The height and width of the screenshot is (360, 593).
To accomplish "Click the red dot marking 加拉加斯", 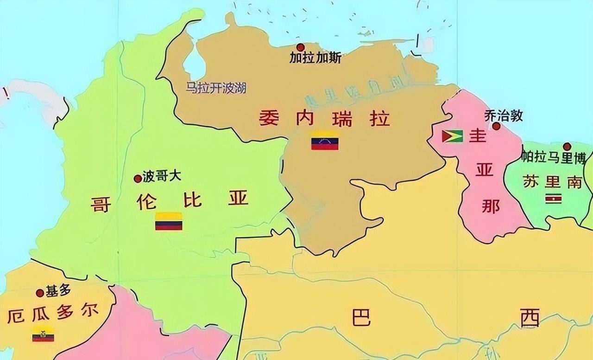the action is [x=301, y=47].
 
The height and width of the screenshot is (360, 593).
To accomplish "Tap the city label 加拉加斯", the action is [x=315, y=58].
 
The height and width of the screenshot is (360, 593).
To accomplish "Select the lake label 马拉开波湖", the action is [x=216, y=88].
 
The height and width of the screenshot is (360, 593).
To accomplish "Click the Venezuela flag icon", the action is [x=324, y=141].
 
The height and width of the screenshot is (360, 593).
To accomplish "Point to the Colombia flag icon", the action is [x=169, y=221].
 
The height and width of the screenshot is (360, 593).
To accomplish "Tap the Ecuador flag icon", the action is [x=43, y=334].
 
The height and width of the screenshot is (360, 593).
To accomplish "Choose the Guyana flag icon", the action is [x=453, y=136].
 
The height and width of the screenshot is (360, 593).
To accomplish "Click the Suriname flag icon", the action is [x=554, y=199].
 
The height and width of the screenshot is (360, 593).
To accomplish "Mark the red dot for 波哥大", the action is [x=138, y=178].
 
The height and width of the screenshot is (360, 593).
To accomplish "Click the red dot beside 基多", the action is [x=40, y=293].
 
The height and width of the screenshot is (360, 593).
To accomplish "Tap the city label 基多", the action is [x=58, y=291].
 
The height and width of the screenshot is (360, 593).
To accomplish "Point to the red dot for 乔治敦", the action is [x=496, y=126].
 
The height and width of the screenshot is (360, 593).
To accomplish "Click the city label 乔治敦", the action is [x=504, y=115].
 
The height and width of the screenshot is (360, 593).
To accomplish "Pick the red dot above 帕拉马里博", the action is [x=567, y=147].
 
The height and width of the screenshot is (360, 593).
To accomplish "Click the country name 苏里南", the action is [x=552, y=182].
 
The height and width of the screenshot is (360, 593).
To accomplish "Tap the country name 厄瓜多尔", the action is [x=53, y=315].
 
